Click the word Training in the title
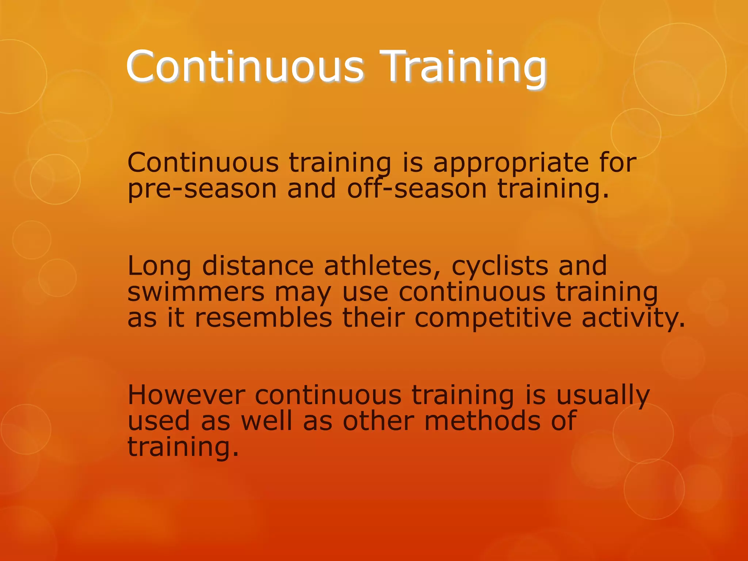click(x=463, y=68)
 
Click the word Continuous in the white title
click(x=245, y=68)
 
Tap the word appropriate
click(x=511, y=163)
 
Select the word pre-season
click(x=202, y=189)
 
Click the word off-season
click(x=417, y=189)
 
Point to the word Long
click(x=159, y=266)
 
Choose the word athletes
click(x=382, y=266)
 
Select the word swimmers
click(x=196, y=293)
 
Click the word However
click(x=186, y=396)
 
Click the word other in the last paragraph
click(x=378, y=421)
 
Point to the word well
click(x=267, y=421)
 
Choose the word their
click(x=374, y=318)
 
